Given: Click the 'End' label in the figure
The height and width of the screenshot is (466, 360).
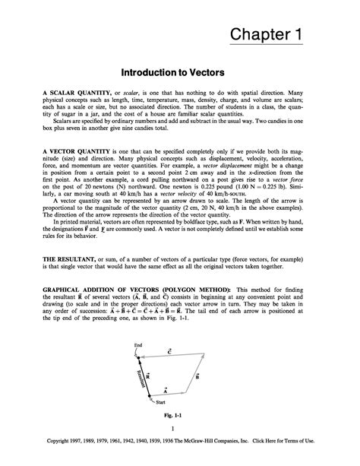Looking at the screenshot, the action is [x=137, y=345].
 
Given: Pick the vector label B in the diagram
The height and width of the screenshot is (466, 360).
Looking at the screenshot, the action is [x=197, y=376].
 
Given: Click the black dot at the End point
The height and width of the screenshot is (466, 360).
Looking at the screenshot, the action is [x=138, y=357].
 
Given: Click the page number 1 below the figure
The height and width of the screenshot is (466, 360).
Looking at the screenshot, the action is [x=180, y=430].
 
